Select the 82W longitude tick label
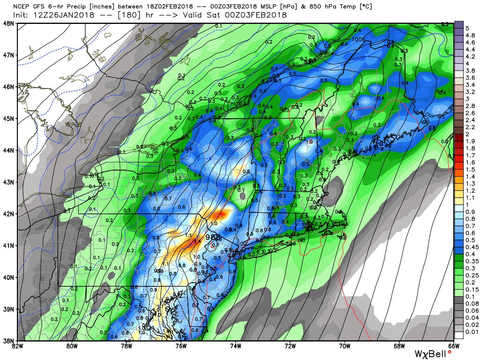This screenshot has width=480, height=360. pos(17,346)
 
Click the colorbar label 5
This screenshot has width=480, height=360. pos(461,28)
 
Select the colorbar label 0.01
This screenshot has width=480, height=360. pos(464,331)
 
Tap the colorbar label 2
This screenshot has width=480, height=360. pos(460,134)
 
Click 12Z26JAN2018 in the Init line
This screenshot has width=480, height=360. pos(57,15)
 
